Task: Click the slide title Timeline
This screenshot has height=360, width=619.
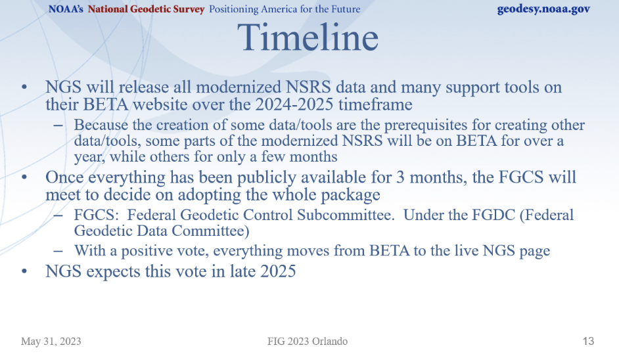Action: [308, 37]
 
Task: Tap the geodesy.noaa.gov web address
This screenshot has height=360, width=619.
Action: [543, 9]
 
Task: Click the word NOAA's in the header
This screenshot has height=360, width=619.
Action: [66, 9]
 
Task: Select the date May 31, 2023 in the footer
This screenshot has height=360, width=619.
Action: [51, 341]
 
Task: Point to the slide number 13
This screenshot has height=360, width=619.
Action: [588, 341]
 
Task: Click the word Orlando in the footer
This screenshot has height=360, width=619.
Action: [330, 341]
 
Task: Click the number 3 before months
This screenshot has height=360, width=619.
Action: [400, 177]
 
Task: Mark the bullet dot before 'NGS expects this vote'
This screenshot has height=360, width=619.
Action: [24, 271]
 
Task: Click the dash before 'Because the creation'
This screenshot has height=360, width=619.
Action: [58, 125]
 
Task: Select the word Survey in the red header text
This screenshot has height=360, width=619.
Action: [189, 9]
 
